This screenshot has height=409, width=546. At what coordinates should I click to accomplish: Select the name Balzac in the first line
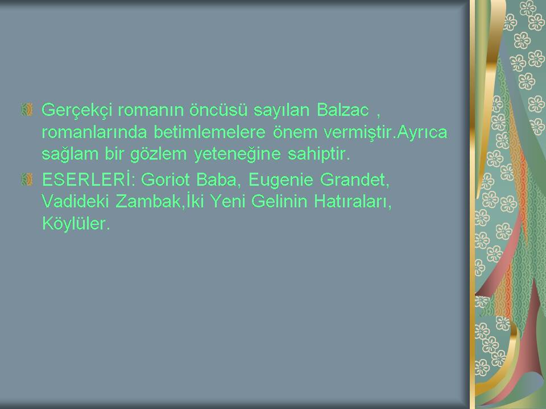click(342, 110)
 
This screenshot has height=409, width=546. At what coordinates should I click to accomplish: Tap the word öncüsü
click(218, 110)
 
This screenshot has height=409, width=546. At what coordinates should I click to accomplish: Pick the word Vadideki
click(75, 201)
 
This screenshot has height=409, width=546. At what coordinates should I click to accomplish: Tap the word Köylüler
click(76, 223)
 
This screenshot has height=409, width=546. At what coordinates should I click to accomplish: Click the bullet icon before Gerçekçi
click(27, 110)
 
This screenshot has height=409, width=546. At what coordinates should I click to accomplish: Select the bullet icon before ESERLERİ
click(27, 180)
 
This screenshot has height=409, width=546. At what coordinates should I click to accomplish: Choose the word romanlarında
click(94, 132)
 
